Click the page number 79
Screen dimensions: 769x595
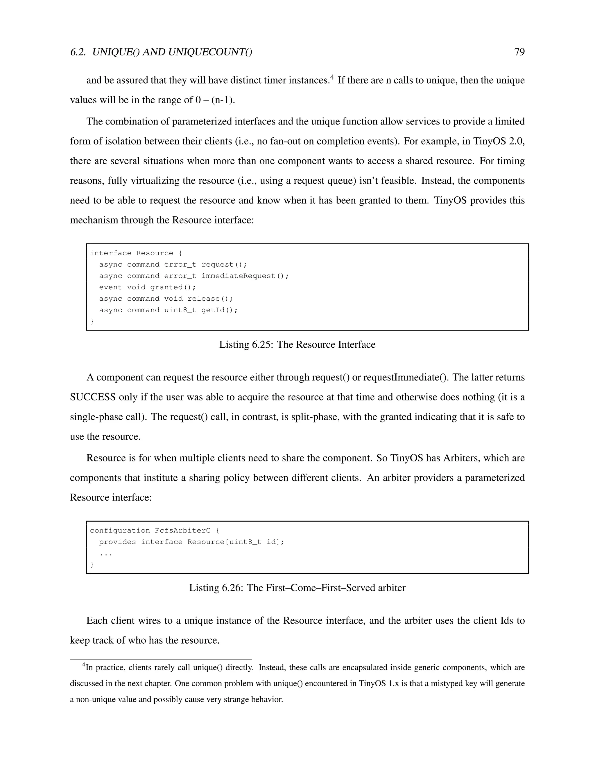pyautogui.click(x=519, y=52)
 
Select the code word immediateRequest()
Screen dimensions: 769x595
pyautogui.click(x=245, y=276)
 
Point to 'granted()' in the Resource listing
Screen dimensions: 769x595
pyautogui.click(x=173, y=287)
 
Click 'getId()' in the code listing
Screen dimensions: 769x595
pyautogui.click(x=219, y=310)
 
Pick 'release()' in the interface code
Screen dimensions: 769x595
pyautogui.click(x=210, y=299)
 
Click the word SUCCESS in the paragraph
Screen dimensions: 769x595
pyautogui.click(x=93, y=397)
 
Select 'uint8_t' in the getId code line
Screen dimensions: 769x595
pyautogui.click(x=180, y=310)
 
